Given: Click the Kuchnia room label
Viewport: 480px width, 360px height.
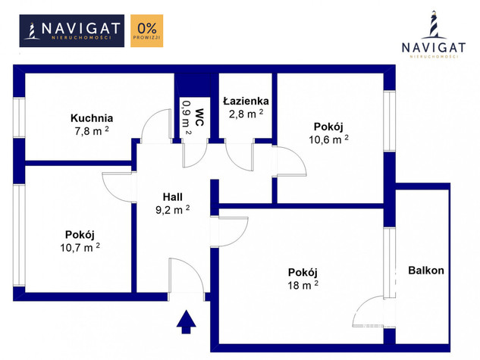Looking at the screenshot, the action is click(x=92, y=118).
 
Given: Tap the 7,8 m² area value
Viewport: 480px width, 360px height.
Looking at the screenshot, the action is click(x=92, y=131).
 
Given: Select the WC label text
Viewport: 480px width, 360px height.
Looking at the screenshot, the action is click(x=199, y=117).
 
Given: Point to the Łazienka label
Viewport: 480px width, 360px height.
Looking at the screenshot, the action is click(x=246, y=101).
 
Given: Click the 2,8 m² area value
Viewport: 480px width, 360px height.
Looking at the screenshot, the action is click(x=246, y=114).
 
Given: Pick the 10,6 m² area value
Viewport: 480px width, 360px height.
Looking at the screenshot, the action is click(x=328, y=139).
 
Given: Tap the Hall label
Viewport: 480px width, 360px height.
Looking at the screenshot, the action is click(x=173, y=197).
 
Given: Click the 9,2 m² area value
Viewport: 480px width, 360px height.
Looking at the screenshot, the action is click(x=173, y=210).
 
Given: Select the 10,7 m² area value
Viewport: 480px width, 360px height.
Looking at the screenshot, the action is click(x=80, y=247).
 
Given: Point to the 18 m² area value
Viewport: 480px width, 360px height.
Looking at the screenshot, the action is click(x=303, y=285).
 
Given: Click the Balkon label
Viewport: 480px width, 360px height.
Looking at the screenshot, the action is click(x=426, y=271).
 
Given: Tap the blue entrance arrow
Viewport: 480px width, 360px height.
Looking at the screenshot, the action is click(x=186, y=322).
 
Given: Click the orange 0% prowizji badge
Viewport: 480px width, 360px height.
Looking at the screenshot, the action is click(x=147, y=30).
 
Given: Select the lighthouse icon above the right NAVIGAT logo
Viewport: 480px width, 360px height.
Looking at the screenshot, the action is click(x=434, y=25).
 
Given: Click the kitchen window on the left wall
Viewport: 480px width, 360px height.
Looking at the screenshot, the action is click(x=19, y=117).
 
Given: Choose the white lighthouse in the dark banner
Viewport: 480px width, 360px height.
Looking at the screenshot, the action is click(x=32, y=31).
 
